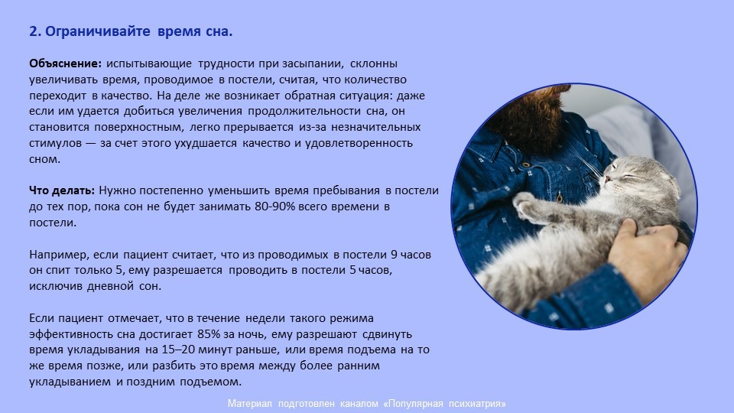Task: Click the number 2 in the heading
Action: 34,31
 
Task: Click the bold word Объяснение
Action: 65,63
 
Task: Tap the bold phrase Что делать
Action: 62,190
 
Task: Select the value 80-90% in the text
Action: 274,206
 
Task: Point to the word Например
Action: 59,255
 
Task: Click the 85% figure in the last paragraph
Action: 209,334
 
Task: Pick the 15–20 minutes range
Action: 178,350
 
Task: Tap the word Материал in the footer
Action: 249,404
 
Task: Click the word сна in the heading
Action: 219,31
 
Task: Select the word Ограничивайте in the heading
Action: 98,31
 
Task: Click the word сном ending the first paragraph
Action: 44,159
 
